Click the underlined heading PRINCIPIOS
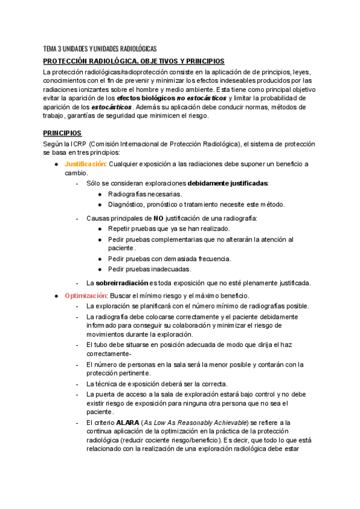[62, 133]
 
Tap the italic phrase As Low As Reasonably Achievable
[202, 422]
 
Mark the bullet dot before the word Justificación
[56, 164]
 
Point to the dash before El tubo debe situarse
[77, 345]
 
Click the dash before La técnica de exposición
[77, 384]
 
